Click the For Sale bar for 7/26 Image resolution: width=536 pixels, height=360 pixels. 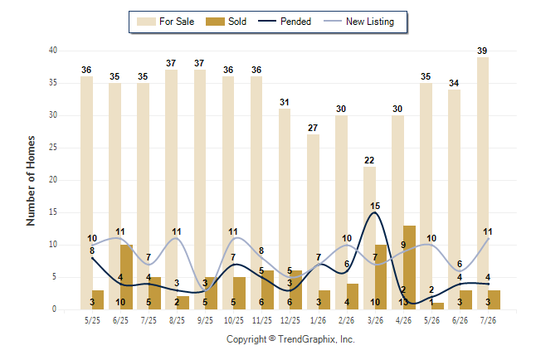pos(482,183)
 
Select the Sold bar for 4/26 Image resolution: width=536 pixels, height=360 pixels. pos(410,267)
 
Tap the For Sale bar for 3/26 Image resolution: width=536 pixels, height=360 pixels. pos(369,238)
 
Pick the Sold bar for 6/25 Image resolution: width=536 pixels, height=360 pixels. pos(126,277)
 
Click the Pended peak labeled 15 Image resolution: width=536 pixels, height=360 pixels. pos(375,212)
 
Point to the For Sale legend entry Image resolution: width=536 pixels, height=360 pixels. pos(165,22)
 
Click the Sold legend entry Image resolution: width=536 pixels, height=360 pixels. pos(226,22)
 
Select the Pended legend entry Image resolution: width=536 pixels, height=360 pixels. pos(285,22)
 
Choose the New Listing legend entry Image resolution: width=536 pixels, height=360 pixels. pos(359,22)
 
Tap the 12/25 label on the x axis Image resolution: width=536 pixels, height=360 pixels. pos(290,320)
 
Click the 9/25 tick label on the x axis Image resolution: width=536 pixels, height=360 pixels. pos(206,320)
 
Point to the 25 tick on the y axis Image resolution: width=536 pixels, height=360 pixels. pos(53,148)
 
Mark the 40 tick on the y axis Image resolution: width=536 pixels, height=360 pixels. pos(53,51)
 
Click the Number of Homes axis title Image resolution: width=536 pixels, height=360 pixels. pos(31,181)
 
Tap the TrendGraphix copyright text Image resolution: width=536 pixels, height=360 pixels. pos(290,339)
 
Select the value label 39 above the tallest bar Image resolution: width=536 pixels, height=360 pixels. pos(482,51)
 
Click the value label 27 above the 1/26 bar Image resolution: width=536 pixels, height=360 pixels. pos(313,128)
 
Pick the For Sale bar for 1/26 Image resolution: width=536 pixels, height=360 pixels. pos(313,221)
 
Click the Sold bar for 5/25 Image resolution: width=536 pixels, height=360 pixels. pos(98,299)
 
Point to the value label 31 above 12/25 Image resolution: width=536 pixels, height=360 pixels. pos(285,102)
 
